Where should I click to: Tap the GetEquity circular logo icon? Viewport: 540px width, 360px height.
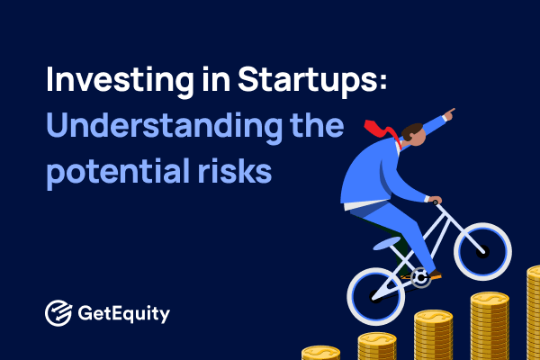point(58,314)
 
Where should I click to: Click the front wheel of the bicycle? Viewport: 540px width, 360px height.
point(481,252)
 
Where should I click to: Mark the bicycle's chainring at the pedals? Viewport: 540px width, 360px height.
point(419,278)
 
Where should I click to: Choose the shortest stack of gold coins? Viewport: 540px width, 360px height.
point(320,352)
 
